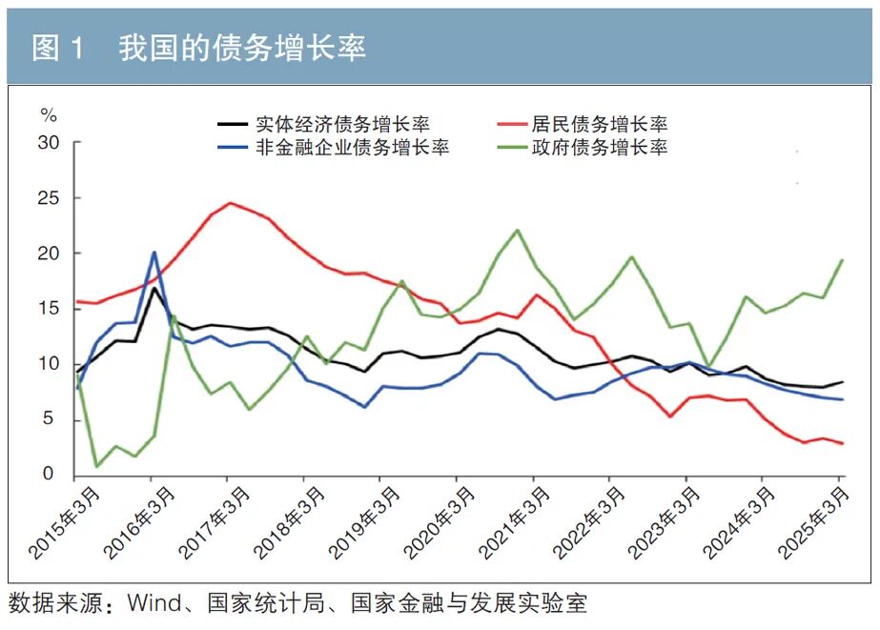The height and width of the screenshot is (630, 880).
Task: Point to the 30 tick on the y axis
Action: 49,143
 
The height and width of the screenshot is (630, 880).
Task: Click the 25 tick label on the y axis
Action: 49,198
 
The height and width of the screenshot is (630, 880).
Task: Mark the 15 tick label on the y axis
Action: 49,309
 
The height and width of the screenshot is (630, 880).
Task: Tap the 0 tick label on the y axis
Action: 53,475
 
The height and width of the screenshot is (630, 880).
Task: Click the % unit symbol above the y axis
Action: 49,116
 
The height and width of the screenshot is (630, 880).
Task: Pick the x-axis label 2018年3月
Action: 291,522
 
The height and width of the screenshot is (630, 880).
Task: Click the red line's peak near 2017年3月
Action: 230,202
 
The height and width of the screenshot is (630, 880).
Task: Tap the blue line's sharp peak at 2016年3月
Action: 154,253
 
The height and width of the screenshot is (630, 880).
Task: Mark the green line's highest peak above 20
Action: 517,230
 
